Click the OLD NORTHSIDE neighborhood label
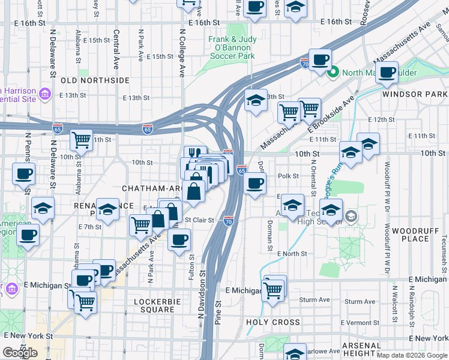95,80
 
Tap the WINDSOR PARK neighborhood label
415,95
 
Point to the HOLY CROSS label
273,322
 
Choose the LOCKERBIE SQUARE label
154,305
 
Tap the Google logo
20,353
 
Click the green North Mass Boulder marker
333,73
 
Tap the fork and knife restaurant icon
195,155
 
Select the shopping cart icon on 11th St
81,140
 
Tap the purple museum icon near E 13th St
44,94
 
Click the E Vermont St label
360,322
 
